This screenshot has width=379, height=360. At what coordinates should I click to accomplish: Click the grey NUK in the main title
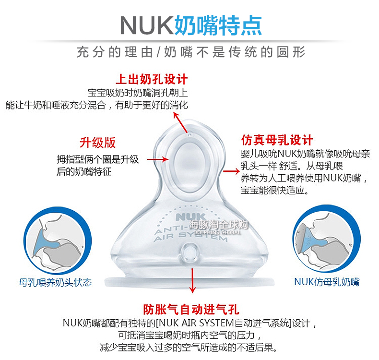click(145, 25)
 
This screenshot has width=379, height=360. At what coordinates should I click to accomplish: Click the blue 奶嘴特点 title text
click(218, 25)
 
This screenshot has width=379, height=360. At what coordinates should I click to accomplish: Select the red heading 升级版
click(97, 143)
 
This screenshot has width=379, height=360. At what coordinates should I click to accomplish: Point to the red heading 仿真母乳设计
click(277, 140)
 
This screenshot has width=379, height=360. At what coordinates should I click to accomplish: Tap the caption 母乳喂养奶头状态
click(55, 282)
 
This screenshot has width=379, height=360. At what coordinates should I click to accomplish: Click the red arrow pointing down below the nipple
click(192, 281)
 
